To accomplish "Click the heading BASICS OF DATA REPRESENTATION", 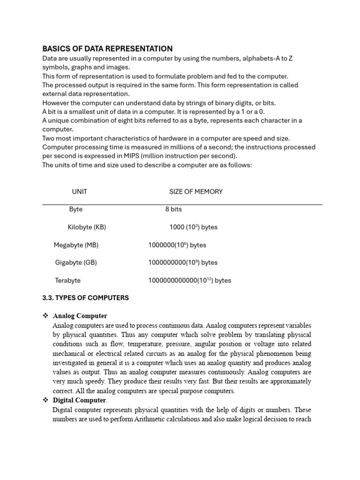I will click(x=107, y=49).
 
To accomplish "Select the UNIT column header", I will click(x=79, y=192).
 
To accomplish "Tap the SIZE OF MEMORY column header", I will click(x=195, y=192).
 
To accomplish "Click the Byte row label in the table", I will click(x=75, y=210).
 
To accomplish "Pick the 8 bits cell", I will click(x=173, y=210).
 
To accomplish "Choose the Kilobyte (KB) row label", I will click(x=87, y=227).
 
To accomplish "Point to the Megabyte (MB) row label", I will click(x=76, y=245).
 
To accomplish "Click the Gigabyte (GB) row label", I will click(x=76, y=262).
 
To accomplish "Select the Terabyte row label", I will click(x=67, y=280).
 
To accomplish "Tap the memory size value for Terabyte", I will click(x=189, y=280).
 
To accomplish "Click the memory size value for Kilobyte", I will click(x=193, y=227).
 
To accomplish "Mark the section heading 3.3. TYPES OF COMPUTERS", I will click(x=85, y=298).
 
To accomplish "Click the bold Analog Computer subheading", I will click(x=80, y=316).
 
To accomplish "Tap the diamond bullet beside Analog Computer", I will click(x=45, y=316).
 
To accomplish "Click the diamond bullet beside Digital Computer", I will click(x=45, y=400).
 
